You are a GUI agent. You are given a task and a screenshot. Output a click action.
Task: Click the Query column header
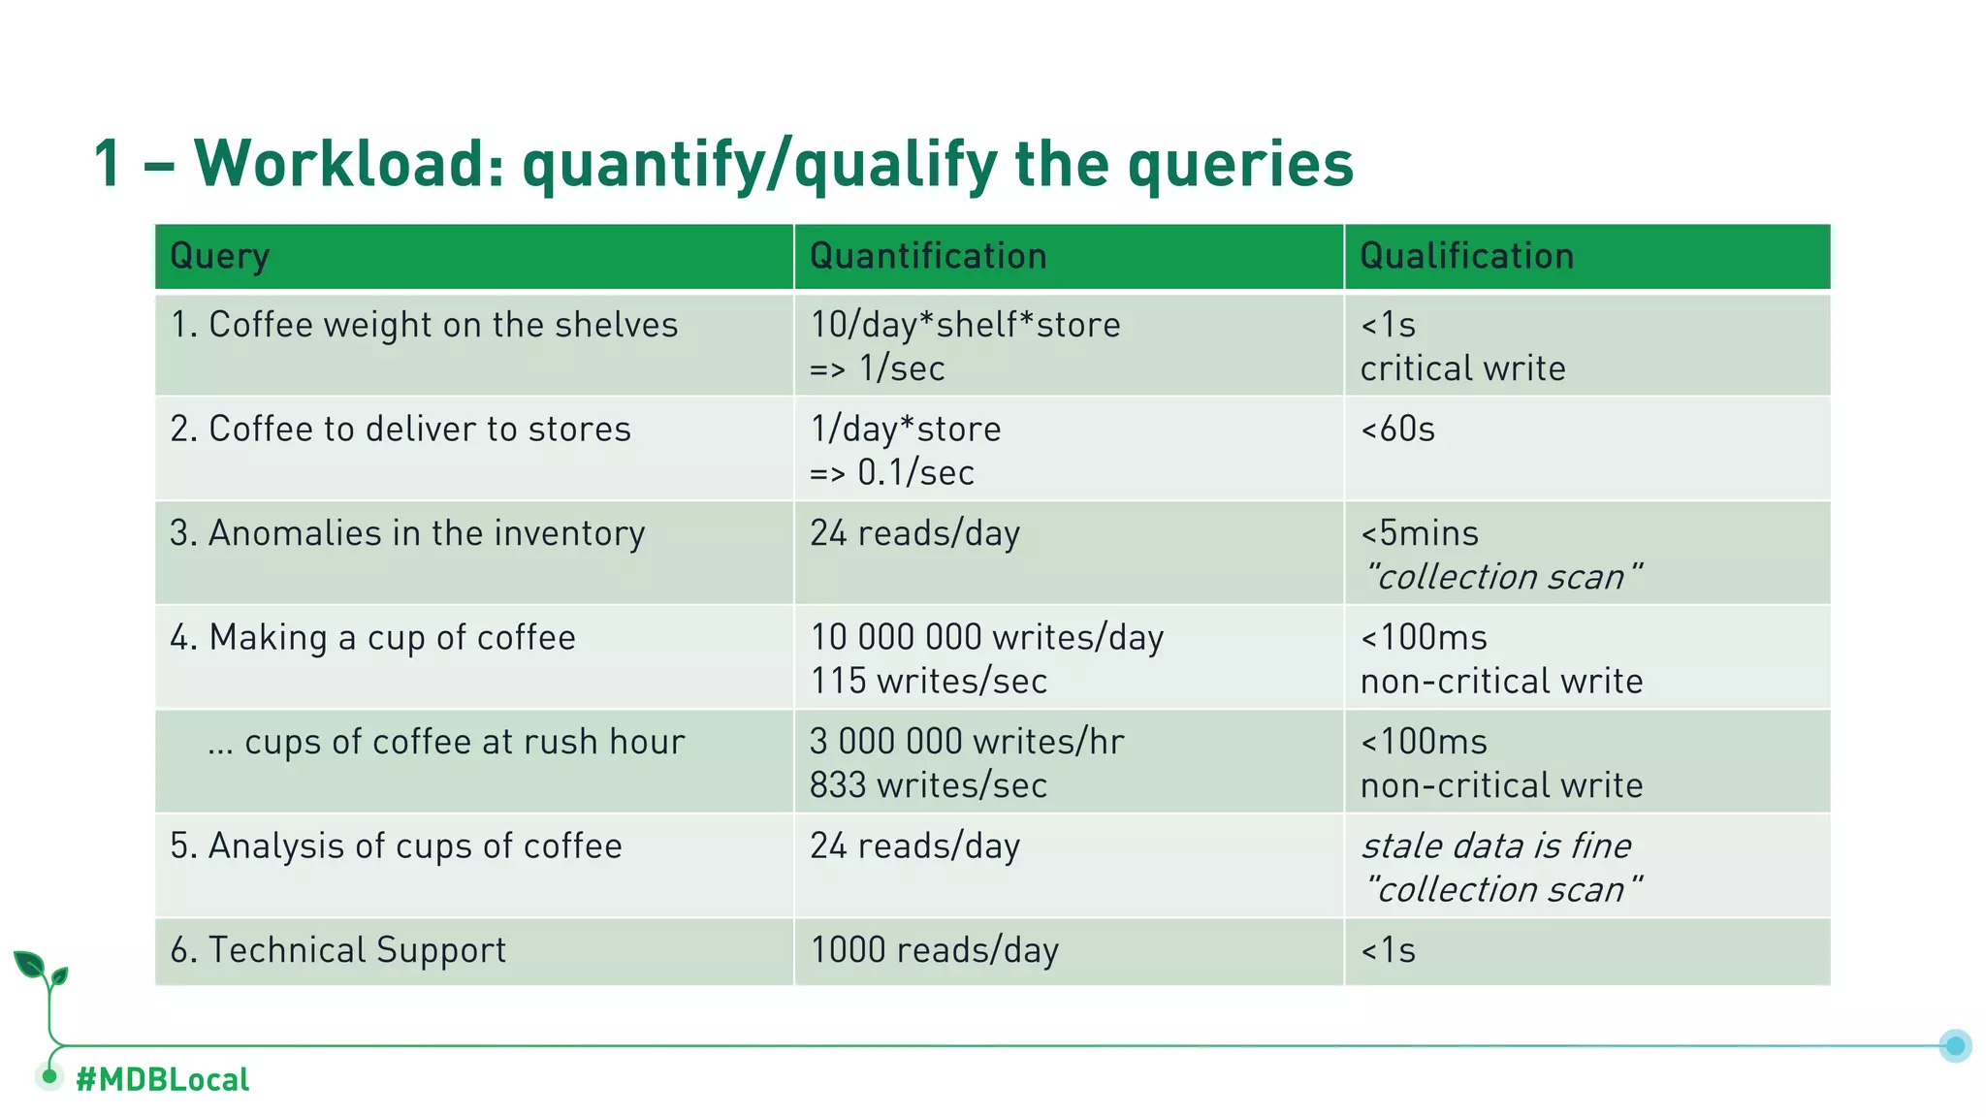click(220, 257)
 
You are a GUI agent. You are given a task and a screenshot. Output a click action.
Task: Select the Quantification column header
click(928, 257)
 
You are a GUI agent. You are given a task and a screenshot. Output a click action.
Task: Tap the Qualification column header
click(1466, 257)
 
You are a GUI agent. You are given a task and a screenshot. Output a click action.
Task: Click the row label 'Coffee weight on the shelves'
click(424, 325)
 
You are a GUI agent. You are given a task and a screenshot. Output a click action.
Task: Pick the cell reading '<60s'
click(1397, 429)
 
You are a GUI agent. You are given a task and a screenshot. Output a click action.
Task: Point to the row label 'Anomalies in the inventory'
click(407, 533)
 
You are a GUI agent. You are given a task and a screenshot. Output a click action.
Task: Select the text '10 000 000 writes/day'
click(986, 637)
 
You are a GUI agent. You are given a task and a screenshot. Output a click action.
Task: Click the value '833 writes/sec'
click(928, 785)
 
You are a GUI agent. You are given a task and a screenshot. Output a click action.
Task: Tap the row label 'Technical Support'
click(337, 950)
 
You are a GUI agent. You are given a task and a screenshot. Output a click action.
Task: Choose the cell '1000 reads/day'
click(934, 950)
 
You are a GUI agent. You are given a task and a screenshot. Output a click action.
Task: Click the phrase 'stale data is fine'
click(1495, 846)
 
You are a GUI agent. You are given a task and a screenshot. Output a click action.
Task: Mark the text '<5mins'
click(1420, 533)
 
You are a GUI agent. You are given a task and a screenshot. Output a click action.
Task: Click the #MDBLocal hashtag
click(162, 1079)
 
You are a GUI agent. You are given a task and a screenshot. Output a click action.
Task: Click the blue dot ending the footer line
click(1955, 1045)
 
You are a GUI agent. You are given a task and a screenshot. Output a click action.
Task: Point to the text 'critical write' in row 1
click(1462, 368)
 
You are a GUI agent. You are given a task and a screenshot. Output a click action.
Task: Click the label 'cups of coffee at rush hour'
click(446, 742)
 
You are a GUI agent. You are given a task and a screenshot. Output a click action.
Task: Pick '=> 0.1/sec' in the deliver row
click(891, 473)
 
